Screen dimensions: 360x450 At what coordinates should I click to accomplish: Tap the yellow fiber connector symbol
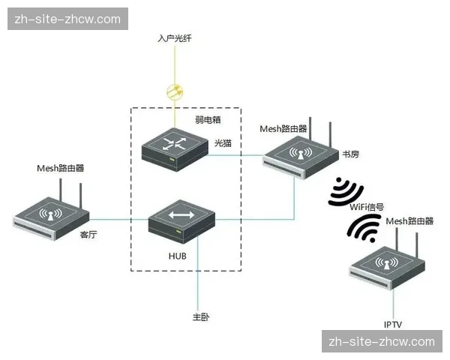click(x=175, y=92)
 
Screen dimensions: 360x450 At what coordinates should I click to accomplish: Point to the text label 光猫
click(x=222, y=142)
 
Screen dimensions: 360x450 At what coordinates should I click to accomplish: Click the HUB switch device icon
click(x=181, y=220)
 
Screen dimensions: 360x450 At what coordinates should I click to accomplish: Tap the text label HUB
click(x=178, y=256)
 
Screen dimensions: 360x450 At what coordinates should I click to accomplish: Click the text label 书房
click(x=350, y=154)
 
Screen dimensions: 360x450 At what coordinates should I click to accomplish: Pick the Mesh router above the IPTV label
click(x=387, y=266)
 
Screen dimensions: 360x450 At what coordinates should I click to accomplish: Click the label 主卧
click(x=200, y=317)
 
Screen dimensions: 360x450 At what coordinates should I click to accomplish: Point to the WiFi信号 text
click(x=367, y=207)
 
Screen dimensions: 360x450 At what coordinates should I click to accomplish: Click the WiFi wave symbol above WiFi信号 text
click(x=346, y=190)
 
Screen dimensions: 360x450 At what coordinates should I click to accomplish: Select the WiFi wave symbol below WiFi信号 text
click(x=363, y=227)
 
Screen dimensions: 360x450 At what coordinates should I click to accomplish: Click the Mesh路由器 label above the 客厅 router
click(x=60, y=168)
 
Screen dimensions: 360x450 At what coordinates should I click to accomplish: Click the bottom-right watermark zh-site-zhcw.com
click(x=382, y=341)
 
